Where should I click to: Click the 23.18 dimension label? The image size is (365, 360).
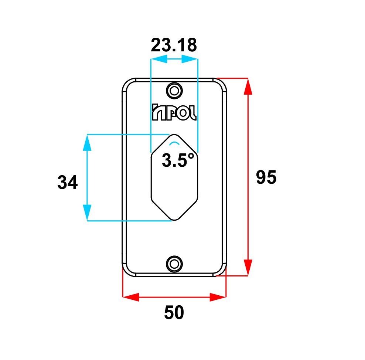174,45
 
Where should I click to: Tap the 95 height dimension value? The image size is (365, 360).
266,177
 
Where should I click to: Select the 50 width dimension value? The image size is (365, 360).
174,312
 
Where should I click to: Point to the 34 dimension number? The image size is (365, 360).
68,182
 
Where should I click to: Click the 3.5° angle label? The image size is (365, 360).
178,160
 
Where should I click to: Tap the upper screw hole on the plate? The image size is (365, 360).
174,90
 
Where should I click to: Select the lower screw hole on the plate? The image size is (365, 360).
174,264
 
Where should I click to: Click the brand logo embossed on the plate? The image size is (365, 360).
174,112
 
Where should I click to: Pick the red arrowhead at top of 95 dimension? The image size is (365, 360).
248,86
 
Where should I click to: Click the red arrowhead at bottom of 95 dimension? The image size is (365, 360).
248,268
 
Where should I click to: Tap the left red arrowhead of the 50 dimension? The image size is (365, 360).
131,297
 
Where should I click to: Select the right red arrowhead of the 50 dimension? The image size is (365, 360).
218,297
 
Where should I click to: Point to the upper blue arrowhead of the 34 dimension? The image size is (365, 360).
87,143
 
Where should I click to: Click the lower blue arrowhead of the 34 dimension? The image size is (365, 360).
87,213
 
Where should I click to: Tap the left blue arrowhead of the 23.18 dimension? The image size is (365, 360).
159,59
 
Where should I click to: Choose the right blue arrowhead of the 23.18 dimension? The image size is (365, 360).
190,59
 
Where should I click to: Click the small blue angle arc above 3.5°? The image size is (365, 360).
174,143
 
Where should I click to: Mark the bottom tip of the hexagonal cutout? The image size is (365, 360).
174,220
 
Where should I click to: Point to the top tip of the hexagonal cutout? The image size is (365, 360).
174,135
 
